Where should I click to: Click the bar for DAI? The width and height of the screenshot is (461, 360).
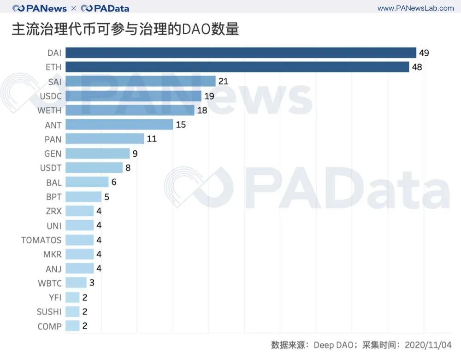point(241,53)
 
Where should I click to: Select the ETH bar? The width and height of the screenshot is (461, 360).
point(237,67)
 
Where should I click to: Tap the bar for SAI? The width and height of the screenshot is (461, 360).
point(141,82)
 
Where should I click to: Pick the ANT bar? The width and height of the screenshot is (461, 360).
point(119,124)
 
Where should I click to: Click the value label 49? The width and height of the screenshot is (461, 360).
point(424,53)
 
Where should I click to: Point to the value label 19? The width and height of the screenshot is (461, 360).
point(209,96)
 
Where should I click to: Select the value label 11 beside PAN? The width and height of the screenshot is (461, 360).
point(152,139)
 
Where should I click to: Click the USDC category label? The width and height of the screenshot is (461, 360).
point(51,96)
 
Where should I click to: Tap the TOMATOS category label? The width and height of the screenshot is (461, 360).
point(41,240)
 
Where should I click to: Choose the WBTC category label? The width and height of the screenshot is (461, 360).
point(50,283)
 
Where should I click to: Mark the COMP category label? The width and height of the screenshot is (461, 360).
point(49,326)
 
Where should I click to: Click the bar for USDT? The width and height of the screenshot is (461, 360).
point(94,168)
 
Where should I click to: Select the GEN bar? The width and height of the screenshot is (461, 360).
point(98,153)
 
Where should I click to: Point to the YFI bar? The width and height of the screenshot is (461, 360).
point(72,297)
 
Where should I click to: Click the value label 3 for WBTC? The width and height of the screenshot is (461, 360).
point(92,283)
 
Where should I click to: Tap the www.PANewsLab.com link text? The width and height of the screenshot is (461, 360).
point(415,8)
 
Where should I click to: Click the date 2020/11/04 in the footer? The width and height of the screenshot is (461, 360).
point(428,345)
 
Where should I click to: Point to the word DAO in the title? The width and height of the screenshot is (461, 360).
point(196,29)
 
